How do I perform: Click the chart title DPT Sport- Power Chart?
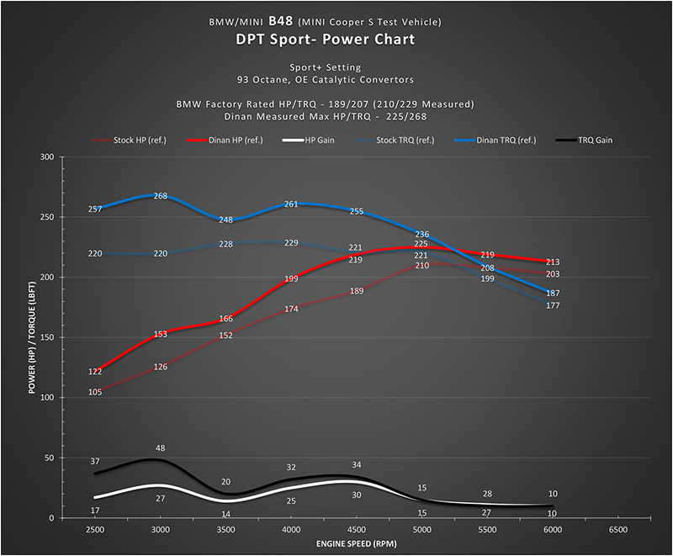[x=336, y=39]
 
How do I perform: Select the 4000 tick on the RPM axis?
[x=291, y=531]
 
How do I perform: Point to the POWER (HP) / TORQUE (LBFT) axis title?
[x=32, y=337]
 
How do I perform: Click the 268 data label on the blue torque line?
[x=160, y=196]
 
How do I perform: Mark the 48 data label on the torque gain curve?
[x=160, y=448]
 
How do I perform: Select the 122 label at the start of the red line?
[x=95, y=371]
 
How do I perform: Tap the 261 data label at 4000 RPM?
[x=291, y=204]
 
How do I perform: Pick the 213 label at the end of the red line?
[x=552, y=262]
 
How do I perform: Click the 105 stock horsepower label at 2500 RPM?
[x=95, y=392]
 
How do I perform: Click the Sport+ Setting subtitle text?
[x=336, y=67]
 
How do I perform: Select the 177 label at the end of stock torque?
[x=552, y=305]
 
